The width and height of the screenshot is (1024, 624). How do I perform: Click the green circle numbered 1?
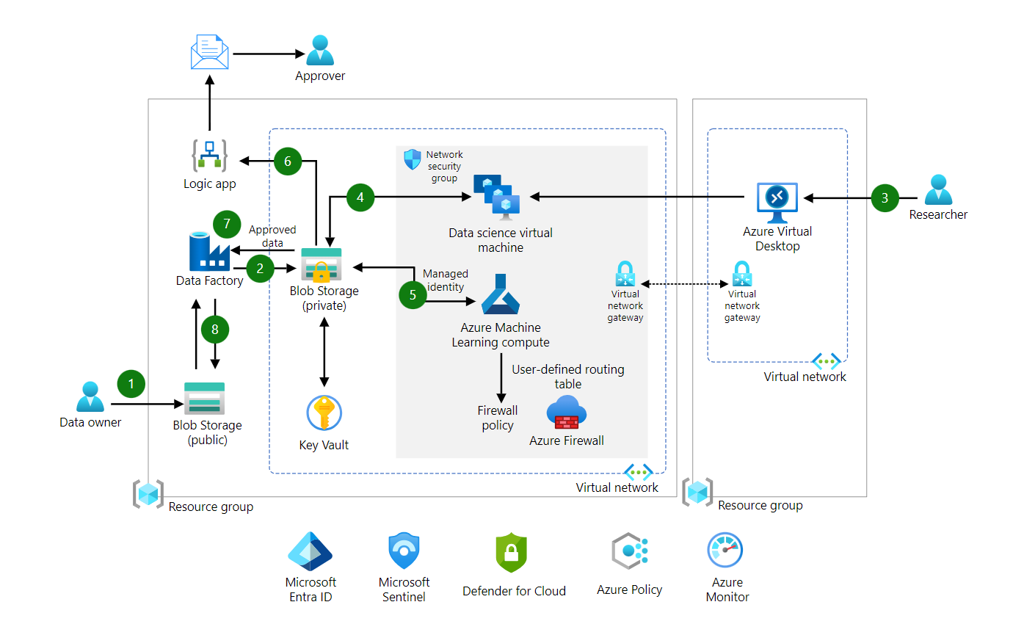[x=131, y=383]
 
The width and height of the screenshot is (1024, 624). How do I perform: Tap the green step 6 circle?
[x=287, y=162]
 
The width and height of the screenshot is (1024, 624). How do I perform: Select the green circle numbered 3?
[x=885, y=197]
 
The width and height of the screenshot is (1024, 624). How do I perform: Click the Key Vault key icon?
[x=324, y=413]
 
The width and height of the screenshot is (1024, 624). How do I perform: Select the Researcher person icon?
[x=938, y=190]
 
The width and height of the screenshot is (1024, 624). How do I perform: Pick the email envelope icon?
[x=209, y=51]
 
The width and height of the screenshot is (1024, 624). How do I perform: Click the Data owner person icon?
[x=90, y=397]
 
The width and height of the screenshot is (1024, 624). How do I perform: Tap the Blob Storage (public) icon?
[x=204, y=399]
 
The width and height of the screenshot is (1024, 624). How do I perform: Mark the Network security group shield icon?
[x=413, y=159]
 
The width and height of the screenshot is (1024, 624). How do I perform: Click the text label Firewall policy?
[x=498, y=418]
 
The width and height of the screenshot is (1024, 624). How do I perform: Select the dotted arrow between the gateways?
[x=679, y=283]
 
